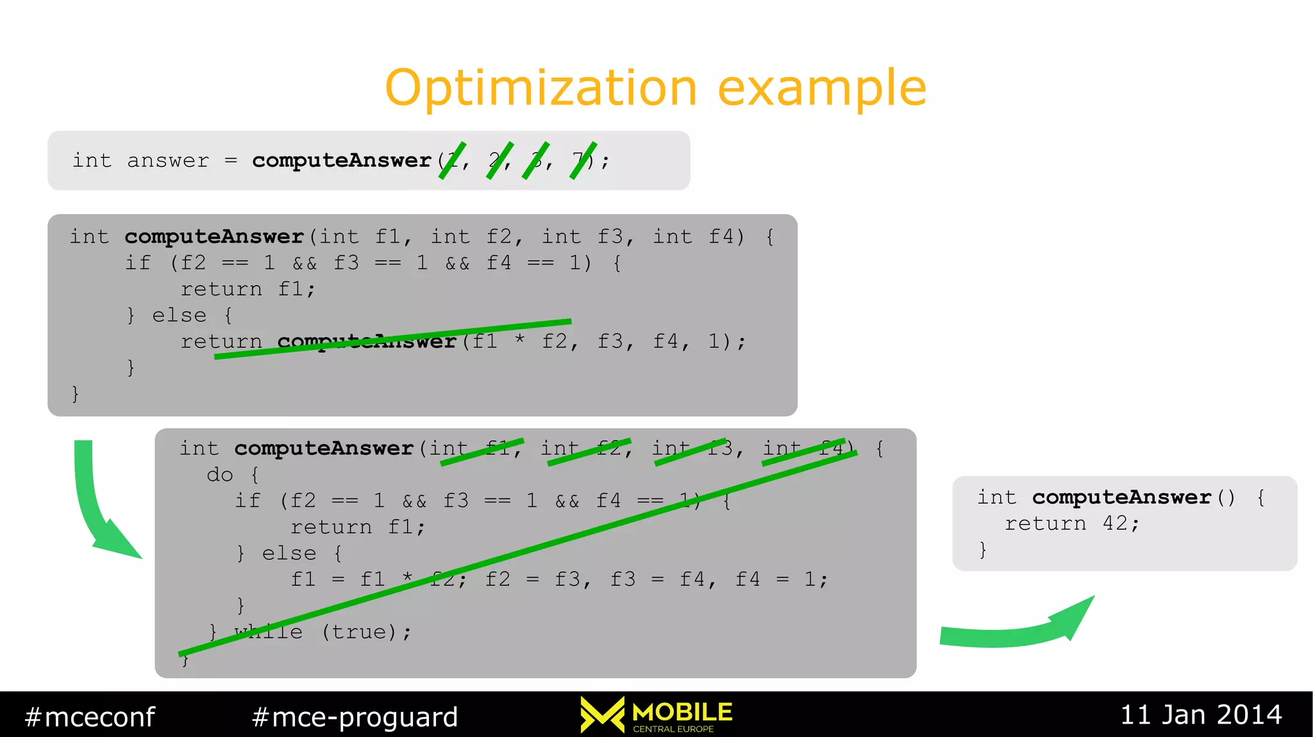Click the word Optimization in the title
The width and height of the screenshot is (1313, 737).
click(x=540, y=88)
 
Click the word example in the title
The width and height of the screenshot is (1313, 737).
click(x=822, y=88)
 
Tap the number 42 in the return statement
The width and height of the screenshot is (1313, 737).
click(x=1115, y=524)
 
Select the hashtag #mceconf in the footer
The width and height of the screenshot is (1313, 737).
click(x=90, y=716)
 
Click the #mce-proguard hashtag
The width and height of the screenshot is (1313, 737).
click(x=355, y=716)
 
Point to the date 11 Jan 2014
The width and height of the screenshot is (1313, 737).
click(x=1201, y=715)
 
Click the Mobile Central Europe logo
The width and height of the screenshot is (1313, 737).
click(x=656, y=715)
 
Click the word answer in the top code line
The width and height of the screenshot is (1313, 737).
click(x=168, y=161)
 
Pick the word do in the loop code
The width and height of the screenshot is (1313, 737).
click(x=220, y=475)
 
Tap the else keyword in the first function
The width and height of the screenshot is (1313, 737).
click(x=179, y=315)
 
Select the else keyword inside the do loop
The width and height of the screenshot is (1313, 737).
click(x=289, y=553)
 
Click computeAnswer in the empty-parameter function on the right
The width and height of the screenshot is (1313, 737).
click(x=1121, y=497)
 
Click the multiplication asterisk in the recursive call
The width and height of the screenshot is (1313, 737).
click(x=520, y=340)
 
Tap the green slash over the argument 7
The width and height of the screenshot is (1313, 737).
click(x=583, y=160)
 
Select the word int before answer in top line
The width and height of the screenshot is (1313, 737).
click(x=92, y=161)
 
